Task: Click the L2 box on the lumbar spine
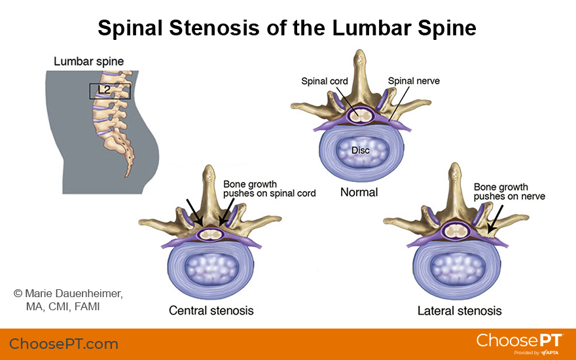pos(109,91)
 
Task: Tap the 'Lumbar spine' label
pos(88,62)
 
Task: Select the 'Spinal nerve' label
pos(414,81)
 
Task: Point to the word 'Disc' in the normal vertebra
pos(360,151)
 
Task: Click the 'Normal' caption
pos(359,192)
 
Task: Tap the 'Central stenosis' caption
pos(211,310)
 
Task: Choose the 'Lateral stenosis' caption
pos(459,310)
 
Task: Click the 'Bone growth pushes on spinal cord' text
pos(269,189)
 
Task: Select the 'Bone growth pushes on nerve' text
pos(509,191)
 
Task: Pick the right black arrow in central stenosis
pos(226,212)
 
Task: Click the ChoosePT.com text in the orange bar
pos(63,344)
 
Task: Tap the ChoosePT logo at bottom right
pos(519,342)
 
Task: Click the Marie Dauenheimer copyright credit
pos(68,300)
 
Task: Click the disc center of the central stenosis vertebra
pos(209,268)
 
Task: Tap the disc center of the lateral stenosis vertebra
pos(456,268)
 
